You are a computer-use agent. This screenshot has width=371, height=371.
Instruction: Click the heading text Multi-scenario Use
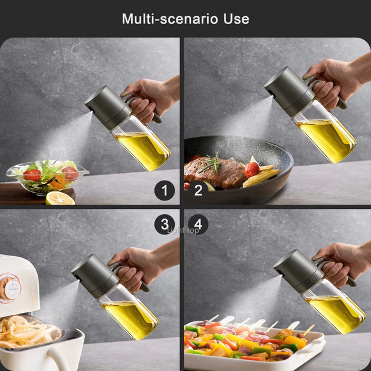click(x=185, y=19)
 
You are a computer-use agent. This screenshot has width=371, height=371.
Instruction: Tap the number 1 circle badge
click(x=165, y=190)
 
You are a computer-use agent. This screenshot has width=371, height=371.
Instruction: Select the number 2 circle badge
click(x=198, y=190)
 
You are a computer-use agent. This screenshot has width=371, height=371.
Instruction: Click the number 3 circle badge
click(x=165, y=224)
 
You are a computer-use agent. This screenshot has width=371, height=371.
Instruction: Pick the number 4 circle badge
click(x=198, y=224)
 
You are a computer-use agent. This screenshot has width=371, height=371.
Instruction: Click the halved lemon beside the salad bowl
click(x=60, y=198)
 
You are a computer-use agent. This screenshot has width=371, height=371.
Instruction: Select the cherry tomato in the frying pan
click(x=253, y=169)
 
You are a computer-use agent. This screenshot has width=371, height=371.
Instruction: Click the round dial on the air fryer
click(x=11, y=287)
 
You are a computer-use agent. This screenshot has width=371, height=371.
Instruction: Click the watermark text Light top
click(x=183, y=230)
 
